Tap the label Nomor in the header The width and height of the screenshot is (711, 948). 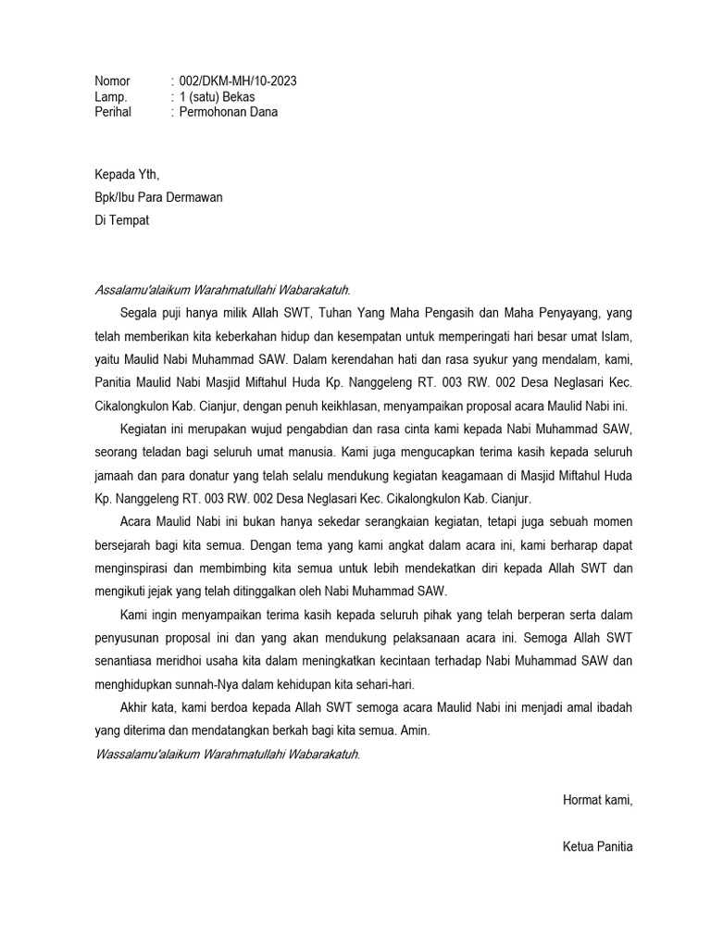(x=112, y=81)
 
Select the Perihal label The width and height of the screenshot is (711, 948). (x=113, y=112)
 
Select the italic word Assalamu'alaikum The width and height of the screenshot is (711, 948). (x=142, y=290)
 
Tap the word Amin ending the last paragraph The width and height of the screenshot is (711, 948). (x=413, y=730)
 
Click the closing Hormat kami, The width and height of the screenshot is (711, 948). (x=598, y=800)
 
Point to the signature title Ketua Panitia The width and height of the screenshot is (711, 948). (x=597, y=846)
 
